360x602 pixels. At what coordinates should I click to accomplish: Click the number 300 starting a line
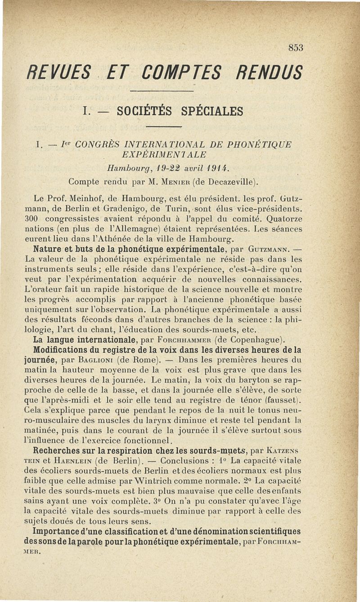32,219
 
